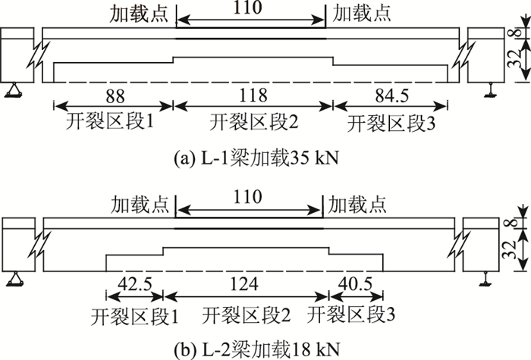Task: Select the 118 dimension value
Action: coord(253,96)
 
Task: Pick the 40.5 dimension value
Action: coord(355,283)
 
